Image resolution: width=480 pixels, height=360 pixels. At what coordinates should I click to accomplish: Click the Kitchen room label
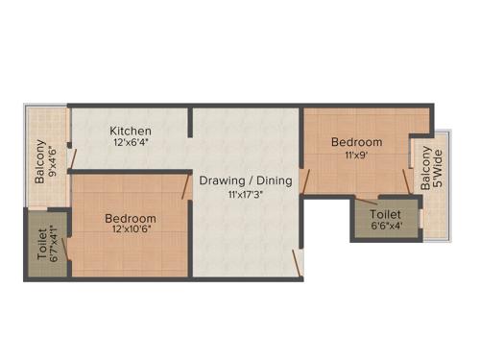(x=130, y=131)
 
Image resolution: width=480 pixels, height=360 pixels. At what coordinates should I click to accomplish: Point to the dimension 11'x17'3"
(x=245, y=193)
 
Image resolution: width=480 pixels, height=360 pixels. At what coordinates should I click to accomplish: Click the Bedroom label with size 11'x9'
(x=356, y=142)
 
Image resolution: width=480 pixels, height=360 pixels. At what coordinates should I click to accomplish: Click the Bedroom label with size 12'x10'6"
(x=131, y=219)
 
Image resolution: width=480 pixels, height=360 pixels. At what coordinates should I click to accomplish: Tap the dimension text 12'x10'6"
(x=131, y=231)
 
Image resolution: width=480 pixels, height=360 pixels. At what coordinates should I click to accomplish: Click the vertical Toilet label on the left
(x=41, y=244)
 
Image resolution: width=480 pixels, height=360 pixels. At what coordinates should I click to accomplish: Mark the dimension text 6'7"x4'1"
(x=54, y=246)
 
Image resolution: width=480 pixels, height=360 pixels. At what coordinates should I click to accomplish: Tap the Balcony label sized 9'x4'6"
(x=40, y=162)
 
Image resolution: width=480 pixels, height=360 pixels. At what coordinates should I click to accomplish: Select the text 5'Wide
(x=438, y=170)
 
